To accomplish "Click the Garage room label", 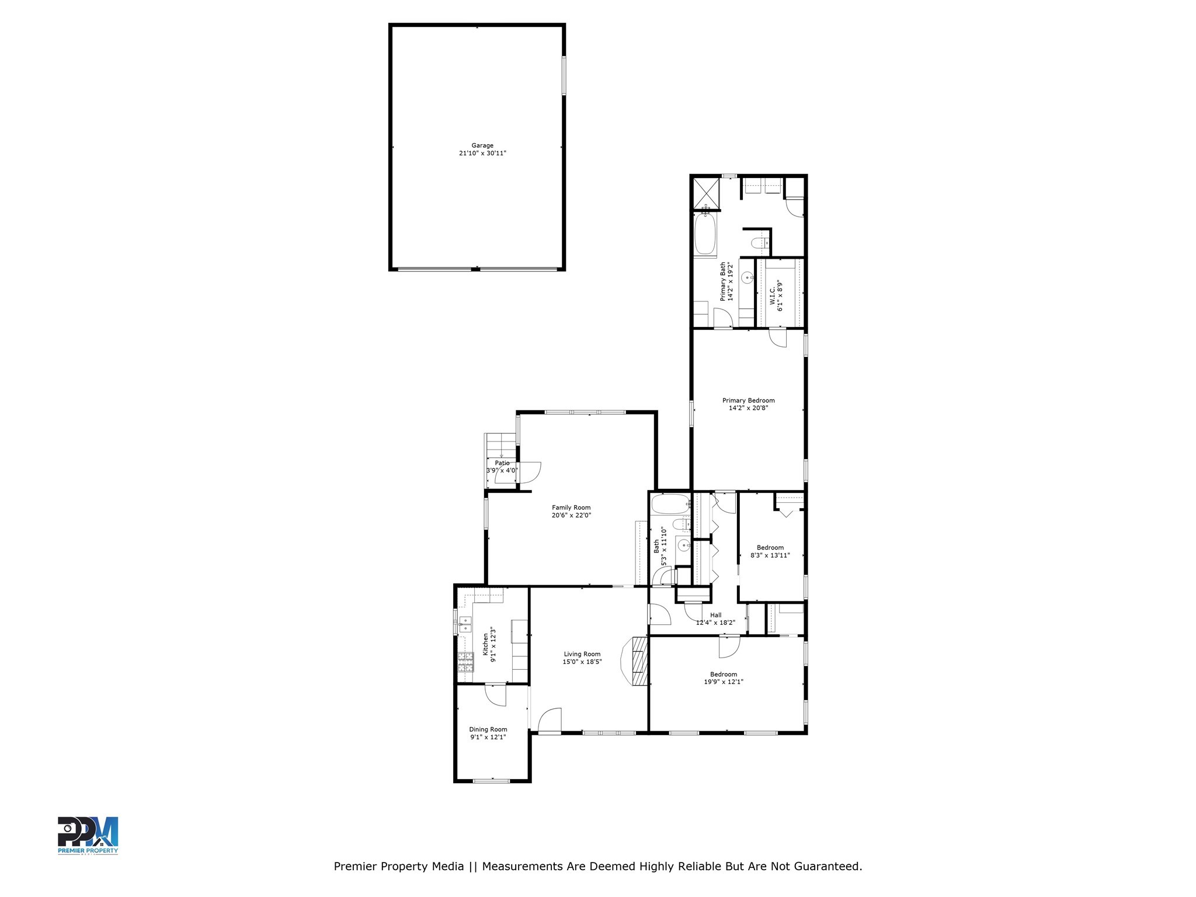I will (x=482, y=145).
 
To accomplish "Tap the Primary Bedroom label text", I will (x=748, y=401).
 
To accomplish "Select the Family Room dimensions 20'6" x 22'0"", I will (x=571, y=516).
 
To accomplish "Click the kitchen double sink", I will (x=465, y=624).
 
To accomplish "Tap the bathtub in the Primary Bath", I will (x=705, y=235).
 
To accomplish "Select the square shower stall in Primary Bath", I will (x=705, y=193).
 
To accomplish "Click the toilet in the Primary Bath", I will (x=757, y=244).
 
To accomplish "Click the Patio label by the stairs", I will (x=502, y=463).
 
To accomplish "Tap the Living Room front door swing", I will (x=550, y=721).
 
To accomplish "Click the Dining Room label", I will (x=488, y=729).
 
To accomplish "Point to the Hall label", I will (x=715, y=615).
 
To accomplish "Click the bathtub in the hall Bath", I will (x=670, y=504).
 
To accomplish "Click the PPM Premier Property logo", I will (x=88, y=836).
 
